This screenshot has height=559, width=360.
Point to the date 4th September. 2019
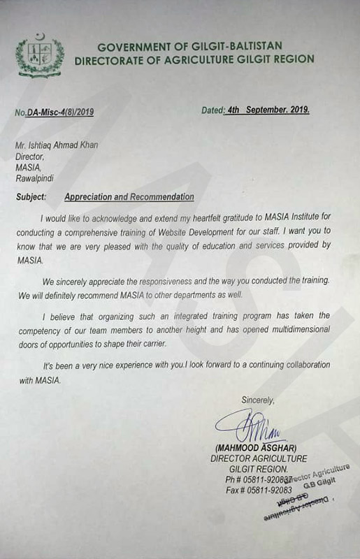pyautogui.click(x=268, y=110)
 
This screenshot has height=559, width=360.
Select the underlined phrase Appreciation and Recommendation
pyautogui.click(x=129, y=198)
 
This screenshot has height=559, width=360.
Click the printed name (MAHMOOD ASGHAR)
pyautogui.click(x=258, y=447)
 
